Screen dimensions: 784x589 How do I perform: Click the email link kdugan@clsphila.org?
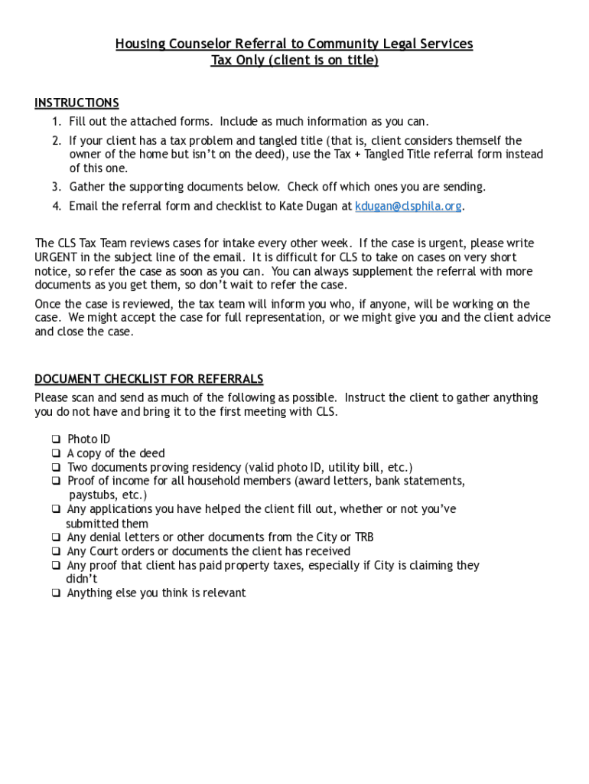(408, 206)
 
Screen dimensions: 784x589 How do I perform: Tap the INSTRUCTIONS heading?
(76, 103)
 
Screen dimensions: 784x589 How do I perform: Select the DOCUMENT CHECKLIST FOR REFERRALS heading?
(148, 379)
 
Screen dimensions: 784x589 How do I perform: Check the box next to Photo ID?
(56, 439)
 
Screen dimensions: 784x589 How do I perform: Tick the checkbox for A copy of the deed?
(56, 453)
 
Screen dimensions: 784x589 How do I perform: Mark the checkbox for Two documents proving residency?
(56, 467)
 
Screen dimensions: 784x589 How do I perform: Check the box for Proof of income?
(56, 481)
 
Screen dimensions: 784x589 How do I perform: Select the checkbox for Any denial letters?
(56, 537)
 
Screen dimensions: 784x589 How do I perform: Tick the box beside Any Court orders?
(56, 551)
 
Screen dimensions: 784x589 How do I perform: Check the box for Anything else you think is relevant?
(56, 593)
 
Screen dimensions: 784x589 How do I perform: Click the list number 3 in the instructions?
(57, 187)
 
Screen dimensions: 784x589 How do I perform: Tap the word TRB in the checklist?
(363, 537)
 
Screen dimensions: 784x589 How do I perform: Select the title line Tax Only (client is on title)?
(294, 60)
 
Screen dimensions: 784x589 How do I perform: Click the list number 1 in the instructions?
(57, 122)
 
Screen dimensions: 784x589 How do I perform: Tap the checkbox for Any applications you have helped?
(56, 509)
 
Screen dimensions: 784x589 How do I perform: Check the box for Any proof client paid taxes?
(56, 566)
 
